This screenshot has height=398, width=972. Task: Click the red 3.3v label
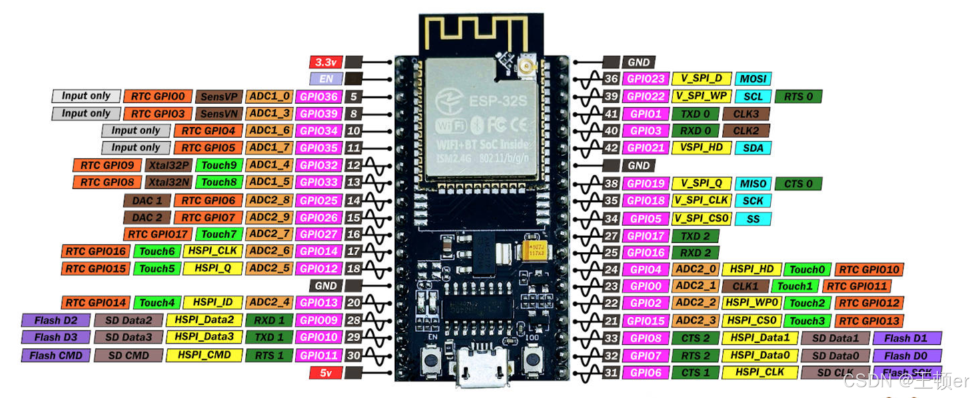click(x=326, y=62)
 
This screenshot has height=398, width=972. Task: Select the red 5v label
click(x=326, y=373)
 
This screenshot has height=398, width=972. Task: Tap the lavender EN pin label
click(x=326, y=79)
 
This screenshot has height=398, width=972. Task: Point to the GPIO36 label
click(x=319, y=97)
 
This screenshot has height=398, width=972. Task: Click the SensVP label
click(x=219, y=97)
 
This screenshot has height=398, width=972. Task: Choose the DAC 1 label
click(x=147, y=200)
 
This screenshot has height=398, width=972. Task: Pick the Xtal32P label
click(x=169, y=165)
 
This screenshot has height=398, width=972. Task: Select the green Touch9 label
click(x=219, y=165)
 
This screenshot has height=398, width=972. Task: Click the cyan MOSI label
click(x=753, y=79)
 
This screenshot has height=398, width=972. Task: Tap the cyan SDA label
click(x=753, y=148)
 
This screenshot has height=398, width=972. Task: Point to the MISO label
click(x=753, y=183)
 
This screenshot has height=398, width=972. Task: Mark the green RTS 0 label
click(x=798, y=97)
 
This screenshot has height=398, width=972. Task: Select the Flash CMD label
click(x=56, y=355)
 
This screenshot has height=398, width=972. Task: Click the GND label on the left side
click(x=326, y=285)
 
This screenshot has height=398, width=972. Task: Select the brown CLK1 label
click(x=745, y=286)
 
